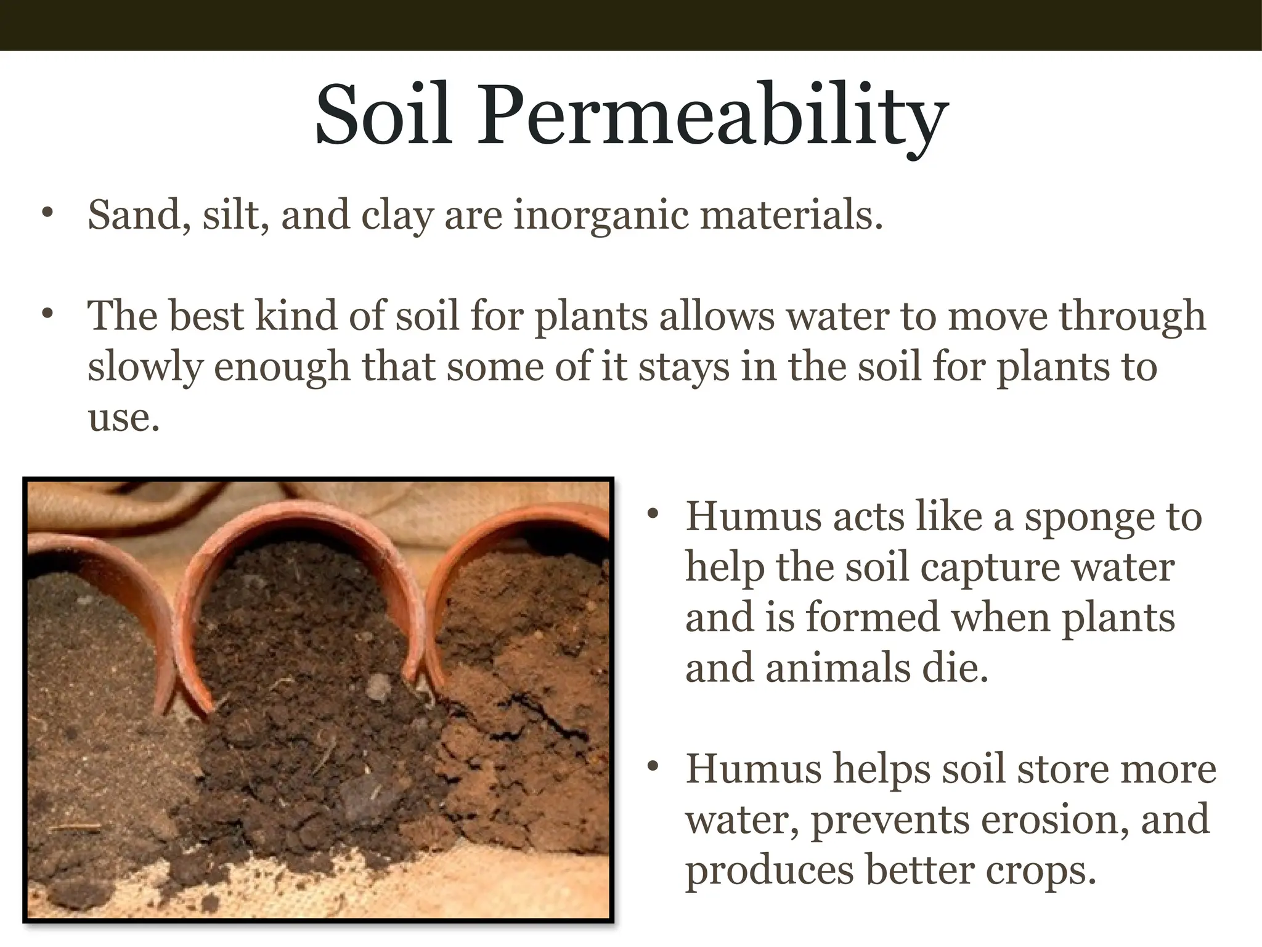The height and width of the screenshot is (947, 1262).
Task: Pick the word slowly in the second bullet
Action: tap(145, 367)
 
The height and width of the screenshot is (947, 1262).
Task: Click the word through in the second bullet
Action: tap(1132, 317)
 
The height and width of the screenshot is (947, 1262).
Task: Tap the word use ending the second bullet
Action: tap(123, 418)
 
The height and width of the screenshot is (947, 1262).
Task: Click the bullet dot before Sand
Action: tap(47, 213)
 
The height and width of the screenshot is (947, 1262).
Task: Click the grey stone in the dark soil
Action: tap(377, 686)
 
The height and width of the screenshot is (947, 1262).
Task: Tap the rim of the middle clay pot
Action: tap(296, 512)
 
